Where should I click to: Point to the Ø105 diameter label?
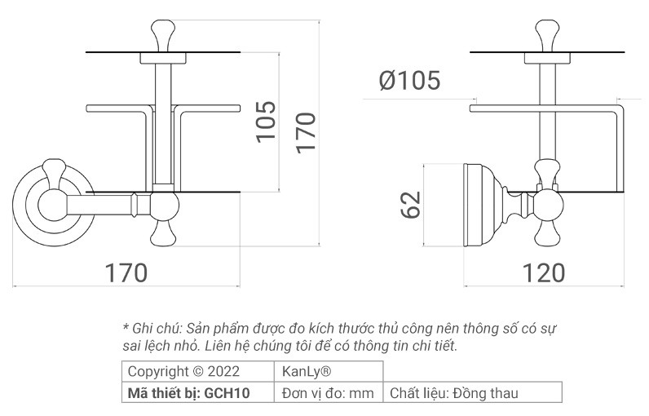click(x=409, y=80)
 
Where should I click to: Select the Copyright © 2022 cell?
click(x=174, y=372)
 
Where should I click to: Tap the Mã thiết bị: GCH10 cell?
click(x=189, y=393)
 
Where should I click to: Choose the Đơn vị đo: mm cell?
click(x=327, y=393)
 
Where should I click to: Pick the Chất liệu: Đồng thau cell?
click(x=453, y=393)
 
